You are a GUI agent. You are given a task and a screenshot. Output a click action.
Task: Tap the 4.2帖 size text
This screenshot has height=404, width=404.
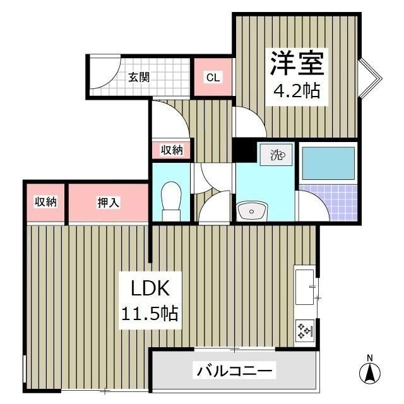click(x=296, y=92)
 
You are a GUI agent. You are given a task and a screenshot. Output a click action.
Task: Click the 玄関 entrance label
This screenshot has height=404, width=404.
click(x=139, y=78)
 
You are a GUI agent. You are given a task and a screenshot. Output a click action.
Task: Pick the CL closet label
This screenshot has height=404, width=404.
click(x=213, y=78)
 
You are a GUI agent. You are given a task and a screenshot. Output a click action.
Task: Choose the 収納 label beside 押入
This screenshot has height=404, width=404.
click(x=45, y=202)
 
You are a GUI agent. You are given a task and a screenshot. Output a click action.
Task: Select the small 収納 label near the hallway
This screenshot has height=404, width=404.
click(x=171, y=150)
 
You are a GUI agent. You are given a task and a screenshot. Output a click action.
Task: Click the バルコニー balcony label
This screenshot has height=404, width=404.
click(x=234, y=371)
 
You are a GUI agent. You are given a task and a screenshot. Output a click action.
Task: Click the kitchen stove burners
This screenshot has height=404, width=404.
click(x=306, y=330)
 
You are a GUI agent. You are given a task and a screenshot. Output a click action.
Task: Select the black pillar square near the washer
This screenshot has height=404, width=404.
click(x=243, y=151)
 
